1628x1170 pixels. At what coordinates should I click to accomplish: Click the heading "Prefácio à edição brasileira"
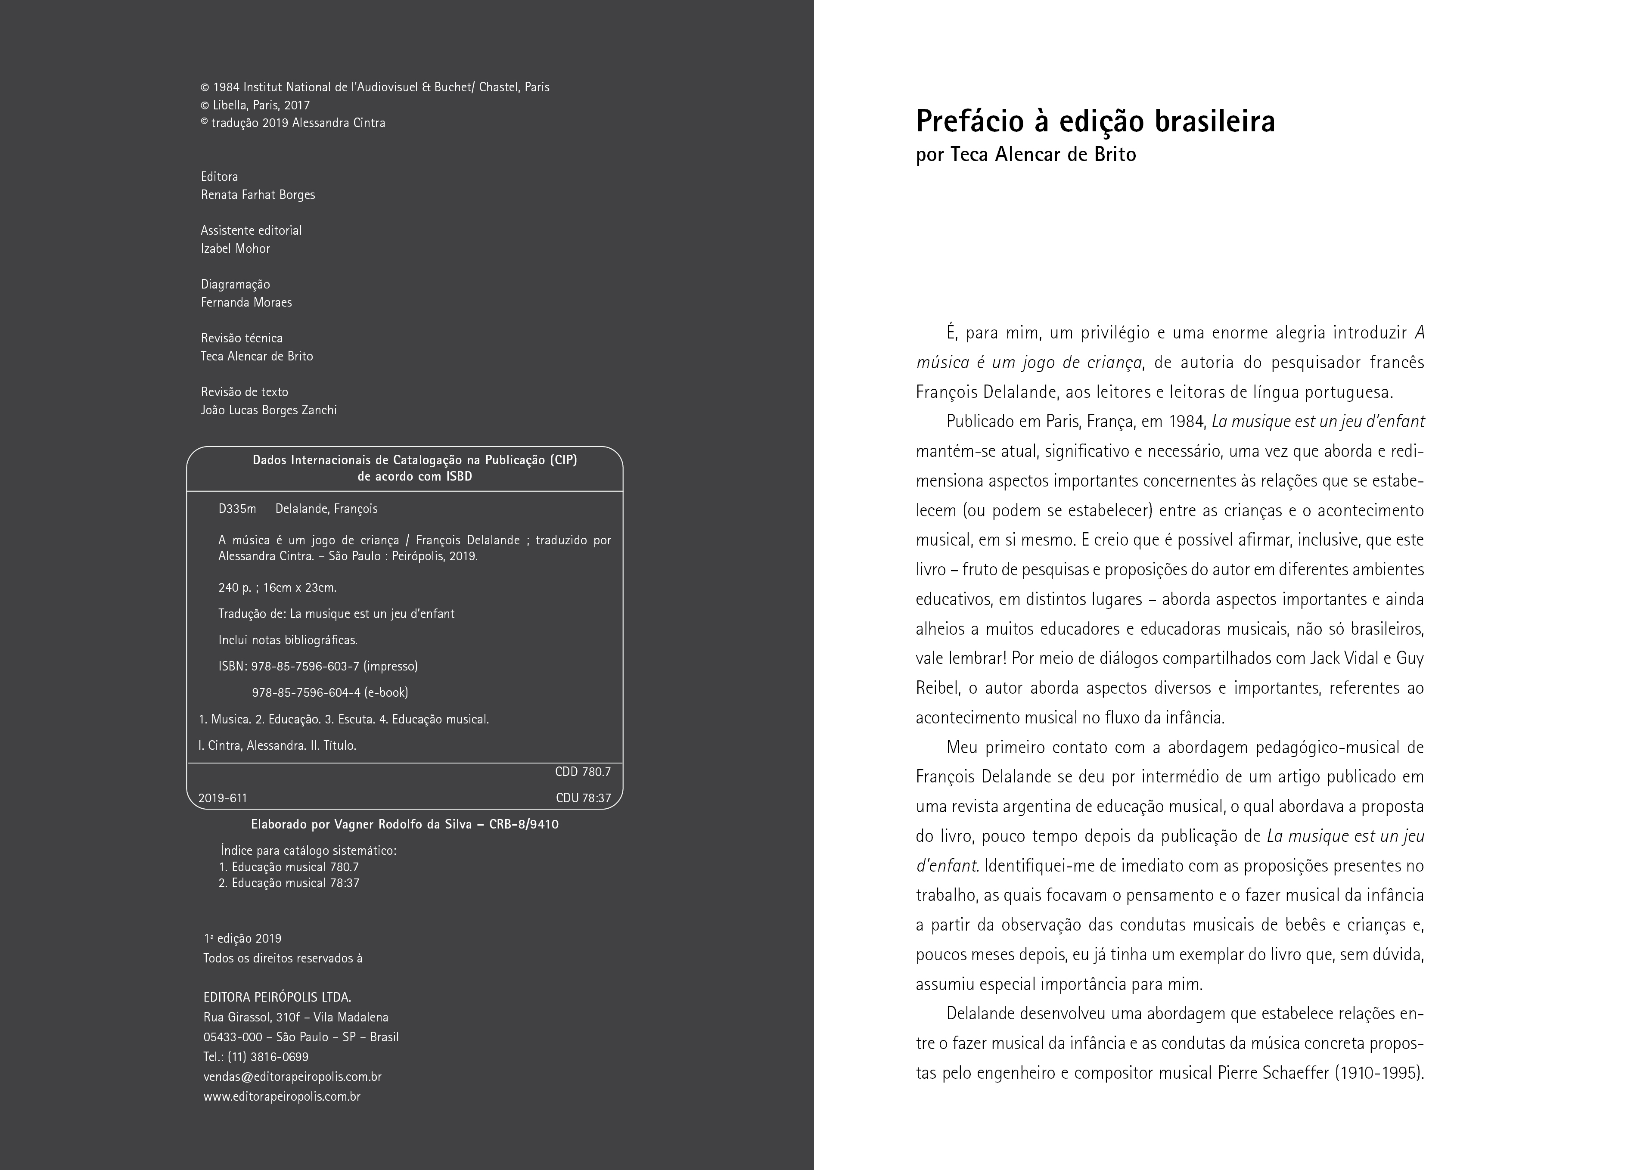[1095, 122]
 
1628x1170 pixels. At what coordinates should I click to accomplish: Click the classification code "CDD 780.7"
[582, 772]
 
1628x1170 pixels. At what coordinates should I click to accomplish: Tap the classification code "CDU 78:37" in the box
[583, 798]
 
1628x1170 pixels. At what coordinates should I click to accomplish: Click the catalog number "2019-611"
[223, 798]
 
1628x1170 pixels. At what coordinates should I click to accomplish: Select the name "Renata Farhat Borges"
[258, 195]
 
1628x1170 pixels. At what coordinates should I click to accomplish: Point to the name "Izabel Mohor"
[236, 248]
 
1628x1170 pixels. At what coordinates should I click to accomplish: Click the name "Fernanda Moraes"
[246, 302]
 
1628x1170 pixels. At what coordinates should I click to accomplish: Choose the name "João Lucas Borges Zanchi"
[268, 410]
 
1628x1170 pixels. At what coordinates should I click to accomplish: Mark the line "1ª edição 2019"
[242, 938]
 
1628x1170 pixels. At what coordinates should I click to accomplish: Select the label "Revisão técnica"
[242, 338]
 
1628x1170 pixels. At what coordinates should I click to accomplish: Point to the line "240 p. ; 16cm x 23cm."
[277, 587]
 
